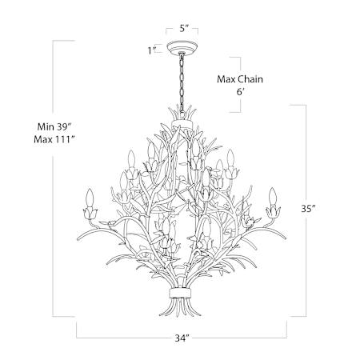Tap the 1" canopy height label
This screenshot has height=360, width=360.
pos(152,50)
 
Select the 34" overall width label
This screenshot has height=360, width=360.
pos(182,338)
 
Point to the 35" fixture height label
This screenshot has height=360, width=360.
pos(309,209)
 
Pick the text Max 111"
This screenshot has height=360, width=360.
pos(54,139)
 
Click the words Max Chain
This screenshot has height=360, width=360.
pos(240,79)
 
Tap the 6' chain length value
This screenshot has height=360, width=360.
pos(240,92)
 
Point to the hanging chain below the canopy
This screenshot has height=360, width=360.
pos(182,82)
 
